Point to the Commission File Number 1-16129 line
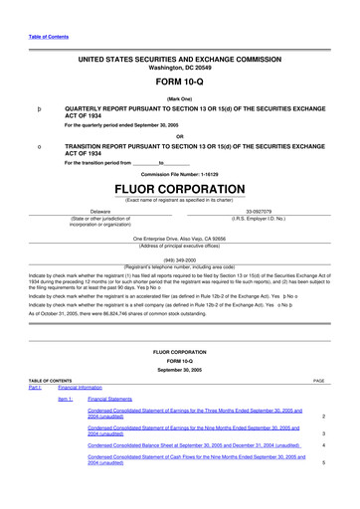click(x=179, y=173)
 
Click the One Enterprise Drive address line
click(x=179, y=239)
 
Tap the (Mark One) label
click(x=179, y=98)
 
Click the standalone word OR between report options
click(x=179, y=136)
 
